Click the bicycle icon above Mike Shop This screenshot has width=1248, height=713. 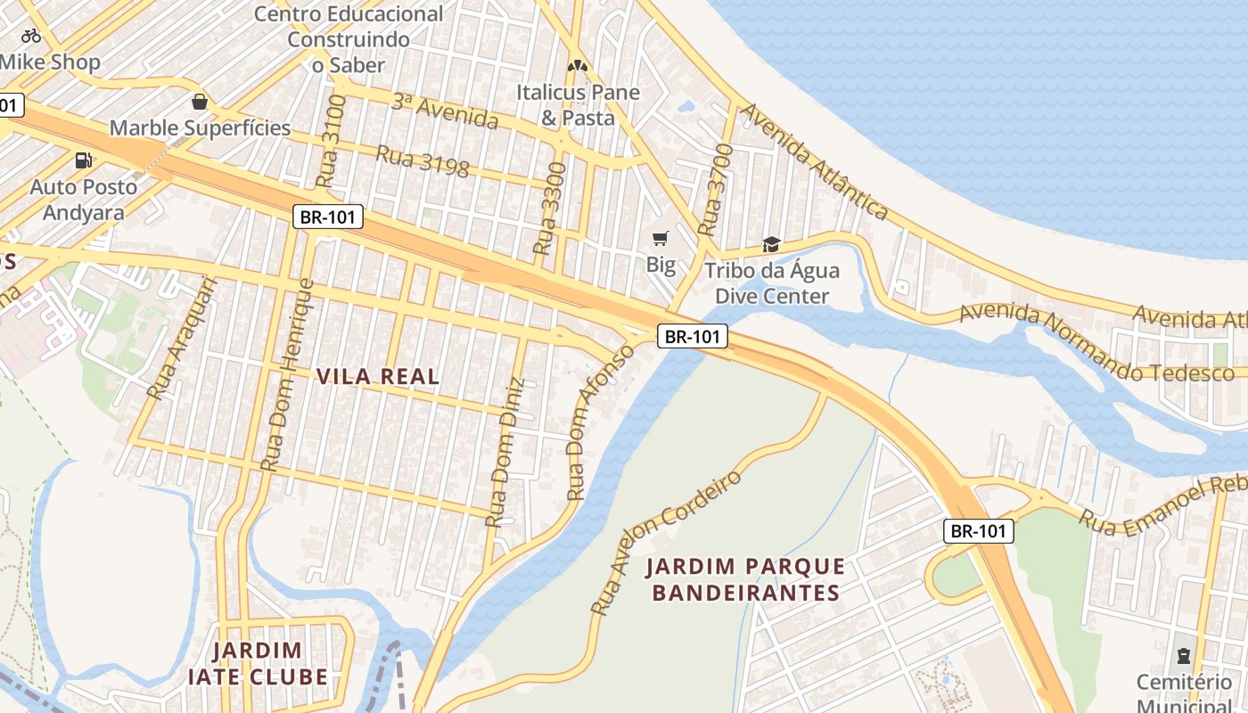(x=31, y=36)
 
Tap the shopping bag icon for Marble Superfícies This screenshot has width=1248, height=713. (x=200, y=102)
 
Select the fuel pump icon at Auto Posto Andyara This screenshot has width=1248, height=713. (x=83, y=160)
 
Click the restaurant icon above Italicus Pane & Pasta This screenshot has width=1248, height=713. (x=578, y=66)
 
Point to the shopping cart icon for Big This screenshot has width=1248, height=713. (x=660, y=238)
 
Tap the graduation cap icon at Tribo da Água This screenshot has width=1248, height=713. (x=771, y=244)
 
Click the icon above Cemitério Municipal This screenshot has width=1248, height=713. (x=1184, y=656)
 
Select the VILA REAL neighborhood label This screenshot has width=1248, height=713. (x=378, y=376)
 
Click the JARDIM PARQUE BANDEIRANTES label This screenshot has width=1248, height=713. (x=745, y=579)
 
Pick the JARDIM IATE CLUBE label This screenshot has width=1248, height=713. (x=258, y=663)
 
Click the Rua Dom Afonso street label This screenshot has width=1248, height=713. (x=603, y=421)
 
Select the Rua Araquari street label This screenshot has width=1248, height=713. (x=182, y=338)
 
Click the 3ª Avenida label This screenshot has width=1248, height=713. (x=444, y=110)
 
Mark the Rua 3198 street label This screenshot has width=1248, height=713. (x=422, y=161)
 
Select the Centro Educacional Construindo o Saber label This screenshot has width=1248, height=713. (x=349, y=39)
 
